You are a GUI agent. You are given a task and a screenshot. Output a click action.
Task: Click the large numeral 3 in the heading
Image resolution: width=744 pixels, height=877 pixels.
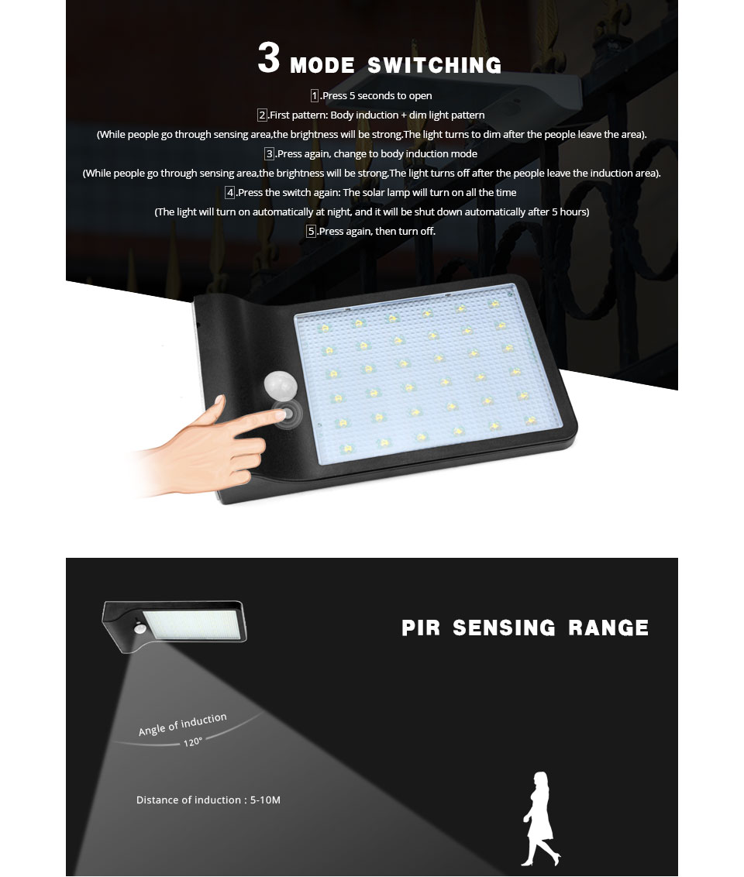pyautogui.click(x=268, y=57)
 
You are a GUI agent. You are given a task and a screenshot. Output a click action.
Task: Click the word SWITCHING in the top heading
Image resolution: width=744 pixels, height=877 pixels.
pyautogui.click(x=434, y=65)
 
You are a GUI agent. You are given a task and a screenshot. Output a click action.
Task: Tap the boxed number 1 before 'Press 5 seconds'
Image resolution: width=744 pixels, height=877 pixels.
pyautogui.click(x=315, y=95)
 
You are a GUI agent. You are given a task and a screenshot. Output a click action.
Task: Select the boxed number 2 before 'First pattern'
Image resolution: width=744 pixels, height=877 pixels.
pyautogui.click(x=263, y=115)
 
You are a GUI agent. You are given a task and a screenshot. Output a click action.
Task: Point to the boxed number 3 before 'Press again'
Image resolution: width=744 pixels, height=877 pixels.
pyautogui.click(x=269, y=154)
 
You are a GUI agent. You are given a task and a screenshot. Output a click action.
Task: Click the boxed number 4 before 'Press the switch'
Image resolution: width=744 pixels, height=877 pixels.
pyautogui.click(x=230, y=192)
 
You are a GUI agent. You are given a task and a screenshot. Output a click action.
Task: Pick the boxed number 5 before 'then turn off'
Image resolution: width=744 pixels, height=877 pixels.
pyautogui.click(x=311, y=231)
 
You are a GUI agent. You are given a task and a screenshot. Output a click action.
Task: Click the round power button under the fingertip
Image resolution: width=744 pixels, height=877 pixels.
pyautogui.click(x=288, y=414)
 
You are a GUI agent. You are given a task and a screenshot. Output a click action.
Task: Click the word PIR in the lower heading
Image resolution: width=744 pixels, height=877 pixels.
pyautogui.click(x=421, y=628)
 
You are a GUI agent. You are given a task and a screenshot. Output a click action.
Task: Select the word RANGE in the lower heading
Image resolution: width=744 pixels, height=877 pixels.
pyautogui.click(x=608, y=628)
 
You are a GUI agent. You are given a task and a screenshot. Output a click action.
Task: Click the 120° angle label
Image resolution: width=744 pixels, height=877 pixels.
pyautogui.click(x=192, y=742)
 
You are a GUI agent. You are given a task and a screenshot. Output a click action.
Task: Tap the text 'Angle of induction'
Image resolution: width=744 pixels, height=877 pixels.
pyautogui.click(x=182, y=724)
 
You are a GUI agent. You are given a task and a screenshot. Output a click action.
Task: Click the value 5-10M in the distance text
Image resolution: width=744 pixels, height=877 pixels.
pyautogui.click(x=265, y=800)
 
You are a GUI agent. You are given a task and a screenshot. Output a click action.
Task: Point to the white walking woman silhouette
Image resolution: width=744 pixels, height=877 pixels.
pyautogui.click(x=540, y=819)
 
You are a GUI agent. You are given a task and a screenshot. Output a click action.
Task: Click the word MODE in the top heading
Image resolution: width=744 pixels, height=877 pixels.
pyautogui.click(x=322, y=65)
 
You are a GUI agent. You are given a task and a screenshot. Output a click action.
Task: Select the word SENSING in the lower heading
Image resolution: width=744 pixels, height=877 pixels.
pyautogui.click(x=504, y=628)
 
